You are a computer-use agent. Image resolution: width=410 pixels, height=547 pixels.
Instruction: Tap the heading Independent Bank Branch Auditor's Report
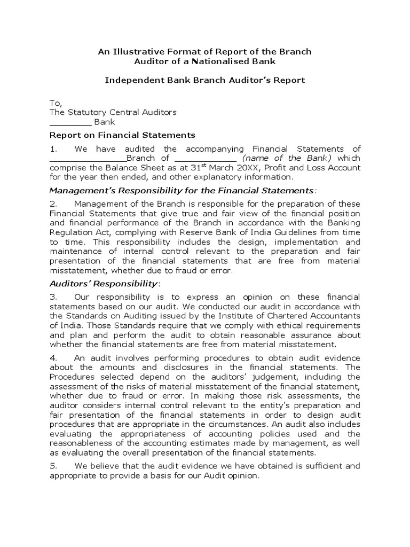204,80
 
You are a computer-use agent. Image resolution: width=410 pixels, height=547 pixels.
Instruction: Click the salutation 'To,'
56,103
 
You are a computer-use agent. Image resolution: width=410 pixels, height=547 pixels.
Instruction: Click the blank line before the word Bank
70,122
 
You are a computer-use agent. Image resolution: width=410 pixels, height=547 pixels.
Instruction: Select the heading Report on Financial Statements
122,135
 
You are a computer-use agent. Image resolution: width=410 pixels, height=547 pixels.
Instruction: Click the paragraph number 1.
53,149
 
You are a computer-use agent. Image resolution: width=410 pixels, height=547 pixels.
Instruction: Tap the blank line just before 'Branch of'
88,159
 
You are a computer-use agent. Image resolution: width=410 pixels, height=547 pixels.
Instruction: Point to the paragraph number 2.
53,204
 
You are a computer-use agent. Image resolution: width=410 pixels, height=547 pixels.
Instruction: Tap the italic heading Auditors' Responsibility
104,283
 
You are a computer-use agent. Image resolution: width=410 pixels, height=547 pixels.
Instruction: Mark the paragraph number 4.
53,357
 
